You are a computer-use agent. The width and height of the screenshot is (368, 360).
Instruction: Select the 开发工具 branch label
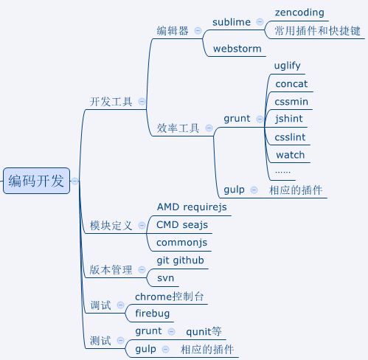coord(111,102)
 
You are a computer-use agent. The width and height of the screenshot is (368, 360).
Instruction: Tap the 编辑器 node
coord(173,31)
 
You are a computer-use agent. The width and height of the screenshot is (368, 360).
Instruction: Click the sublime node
coord(232,22)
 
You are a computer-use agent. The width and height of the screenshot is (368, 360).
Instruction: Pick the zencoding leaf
coord(299,13)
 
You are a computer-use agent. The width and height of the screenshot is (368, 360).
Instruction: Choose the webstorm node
coord(237,49)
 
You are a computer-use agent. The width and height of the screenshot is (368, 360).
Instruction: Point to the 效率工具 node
coord(178,128)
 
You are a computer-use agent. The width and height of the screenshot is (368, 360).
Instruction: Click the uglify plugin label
coord(287,66)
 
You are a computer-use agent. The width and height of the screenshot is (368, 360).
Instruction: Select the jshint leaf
coord(288,119)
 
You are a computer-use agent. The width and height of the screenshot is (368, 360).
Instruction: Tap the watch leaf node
coord(290,155)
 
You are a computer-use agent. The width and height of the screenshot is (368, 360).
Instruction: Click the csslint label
coord(290,137)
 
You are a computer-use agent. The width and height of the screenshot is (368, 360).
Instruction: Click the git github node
coord(181,260)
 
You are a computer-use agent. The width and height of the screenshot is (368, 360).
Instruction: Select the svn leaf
coord(165,278)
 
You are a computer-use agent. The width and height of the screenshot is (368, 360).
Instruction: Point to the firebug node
coord(152,314)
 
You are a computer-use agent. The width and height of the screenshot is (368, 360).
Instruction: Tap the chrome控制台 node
coord(169,297)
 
